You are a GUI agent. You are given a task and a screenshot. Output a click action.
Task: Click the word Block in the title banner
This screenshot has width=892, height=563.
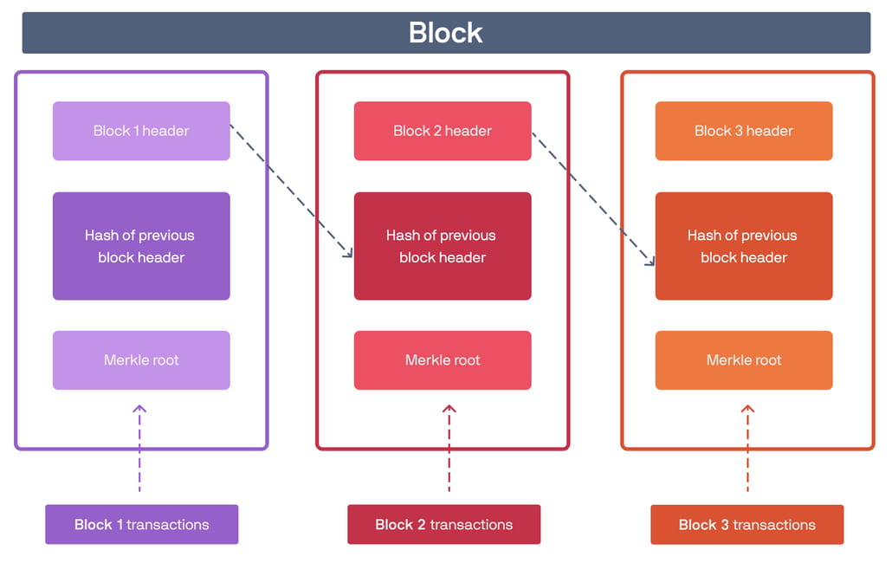click(445, 32)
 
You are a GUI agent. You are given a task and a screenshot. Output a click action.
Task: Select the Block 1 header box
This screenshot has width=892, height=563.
click(142, 131)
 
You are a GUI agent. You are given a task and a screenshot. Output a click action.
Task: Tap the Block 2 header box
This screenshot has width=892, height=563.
click(443, 131)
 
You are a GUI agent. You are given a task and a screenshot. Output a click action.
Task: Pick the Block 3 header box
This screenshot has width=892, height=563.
click(744, 131)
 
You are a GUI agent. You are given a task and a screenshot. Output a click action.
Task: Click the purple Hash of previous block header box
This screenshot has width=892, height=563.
click(142, 246)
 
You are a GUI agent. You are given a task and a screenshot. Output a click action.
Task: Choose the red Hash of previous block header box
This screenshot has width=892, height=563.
click(443, 246)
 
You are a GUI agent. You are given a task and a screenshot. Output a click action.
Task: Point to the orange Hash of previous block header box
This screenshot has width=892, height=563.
click(744, 246)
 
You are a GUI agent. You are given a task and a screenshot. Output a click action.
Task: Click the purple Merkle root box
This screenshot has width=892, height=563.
click(142, 360)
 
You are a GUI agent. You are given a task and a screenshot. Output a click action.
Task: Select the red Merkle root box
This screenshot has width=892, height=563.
click(443, 360)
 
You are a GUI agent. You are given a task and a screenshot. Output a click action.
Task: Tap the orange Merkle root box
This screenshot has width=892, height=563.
click(744, 360)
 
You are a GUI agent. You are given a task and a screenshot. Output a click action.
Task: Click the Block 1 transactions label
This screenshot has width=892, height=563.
click(142, 524)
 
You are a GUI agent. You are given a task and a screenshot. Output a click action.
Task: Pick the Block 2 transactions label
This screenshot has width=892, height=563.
click(443, 524)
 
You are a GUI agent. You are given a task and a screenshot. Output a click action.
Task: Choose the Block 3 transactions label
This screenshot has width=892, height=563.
click(747, 524)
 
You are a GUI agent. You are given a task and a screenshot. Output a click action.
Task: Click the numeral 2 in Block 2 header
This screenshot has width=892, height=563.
click(437, 131)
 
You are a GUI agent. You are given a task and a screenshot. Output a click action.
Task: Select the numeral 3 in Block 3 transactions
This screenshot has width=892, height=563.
click(725, 524)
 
